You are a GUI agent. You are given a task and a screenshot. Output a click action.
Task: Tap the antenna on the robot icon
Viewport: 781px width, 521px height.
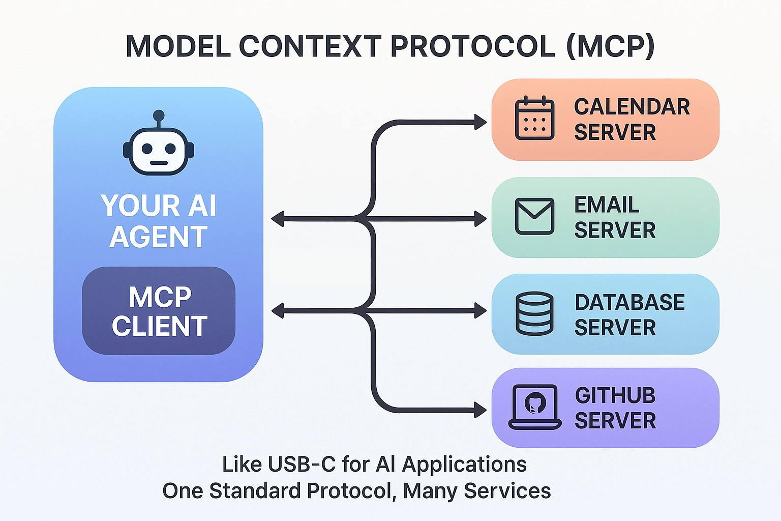tap(159, 117)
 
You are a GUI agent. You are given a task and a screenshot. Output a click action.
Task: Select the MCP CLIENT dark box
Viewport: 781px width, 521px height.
tap(159, 310)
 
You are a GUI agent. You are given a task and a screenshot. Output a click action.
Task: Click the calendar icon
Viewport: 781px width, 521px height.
tap(534, 118)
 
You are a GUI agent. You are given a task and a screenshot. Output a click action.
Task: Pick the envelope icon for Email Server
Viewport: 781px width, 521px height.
tap(534, 216)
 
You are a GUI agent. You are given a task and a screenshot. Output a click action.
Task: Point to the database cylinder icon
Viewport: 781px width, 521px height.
tap(534, 313)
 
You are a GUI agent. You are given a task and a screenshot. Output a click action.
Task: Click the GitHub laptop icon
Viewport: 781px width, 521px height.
tap(535, 407)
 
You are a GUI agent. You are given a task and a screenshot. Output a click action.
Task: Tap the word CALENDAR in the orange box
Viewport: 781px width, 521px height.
tap(632, 107)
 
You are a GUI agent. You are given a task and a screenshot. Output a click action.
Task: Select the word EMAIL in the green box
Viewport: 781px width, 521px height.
tap(607, 205)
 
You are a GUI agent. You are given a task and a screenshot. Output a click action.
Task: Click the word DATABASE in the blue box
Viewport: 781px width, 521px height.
tap(629, 303)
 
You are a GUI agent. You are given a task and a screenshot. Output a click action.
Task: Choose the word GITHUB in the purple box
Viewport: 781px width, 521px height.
tap(615, 396)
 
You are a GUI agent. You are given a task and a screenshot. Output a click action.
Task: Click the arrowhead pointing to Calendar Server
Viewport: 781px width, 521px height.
tap(480, 122)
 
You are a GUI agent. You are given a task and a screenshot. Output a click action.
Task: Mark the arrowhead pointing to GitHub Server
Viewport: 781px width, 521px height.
tap(480, 410)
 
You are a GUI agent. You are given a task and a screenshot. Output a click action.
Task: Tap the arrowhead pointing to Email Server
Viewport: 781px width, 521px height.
tap(480, 219)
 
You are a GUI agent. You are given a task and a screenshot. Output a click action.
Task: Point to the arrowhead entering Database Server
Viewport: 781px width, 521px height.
tap(480, 310)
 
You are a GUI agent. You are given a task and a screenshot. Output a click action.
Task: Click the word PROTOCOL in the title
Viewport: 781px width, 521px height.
tap(472, 47)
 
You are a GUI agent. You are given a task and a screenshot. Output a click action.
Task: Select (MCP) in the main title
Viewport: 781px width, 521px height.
tap(610, 47)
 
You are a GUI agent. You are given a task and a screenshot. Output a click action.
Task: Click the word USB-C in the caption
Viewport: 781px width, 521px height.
tap(301, 465)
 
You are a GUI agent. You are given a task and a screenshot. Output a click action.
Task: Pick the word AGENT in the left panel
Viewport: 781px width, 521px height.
tap(159, 237)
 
